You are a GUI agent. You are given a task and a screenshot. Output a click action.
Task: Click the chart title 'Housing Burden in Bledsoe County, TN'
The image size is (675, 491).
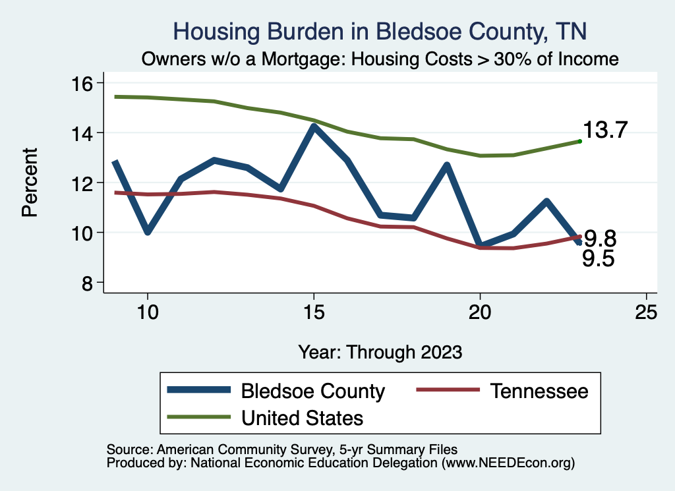click(379, 31)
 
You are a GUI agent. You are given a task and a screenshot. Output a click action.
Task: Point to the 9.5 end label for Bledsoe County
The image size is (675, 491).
click(598, 259)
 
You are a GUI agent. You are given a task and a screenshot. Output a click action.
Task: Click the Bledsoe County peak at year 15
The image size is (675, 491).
click(314, 127)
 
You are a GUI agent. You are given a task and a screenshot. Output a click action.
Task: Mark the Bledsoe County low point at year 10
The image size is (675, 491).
click(148, 231)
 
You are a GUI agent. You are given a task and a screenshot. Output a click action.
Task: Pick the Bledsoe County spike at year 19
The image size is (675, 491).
click(447, 165)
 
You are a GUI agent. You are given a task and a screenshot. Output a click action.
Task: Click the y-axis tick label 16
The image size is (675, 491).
click(84, 83)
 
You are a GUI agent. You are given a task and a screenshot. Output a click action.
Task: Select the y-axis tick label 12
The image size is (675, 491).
click(84, 183)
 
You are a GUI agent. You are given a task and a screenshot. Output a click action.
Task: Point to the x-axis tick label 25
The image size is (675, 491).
click(646, 312)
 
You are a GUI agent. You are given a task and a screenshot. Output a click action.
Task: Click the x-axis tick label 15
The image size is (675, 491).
click(314, 312)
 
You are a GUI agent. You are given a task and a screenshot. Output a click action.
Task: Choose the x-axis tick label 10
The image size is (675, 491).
click(148, 312)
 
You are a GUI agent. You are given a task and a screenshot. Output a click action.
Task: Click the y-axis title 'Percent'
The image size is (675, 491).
click(30, 183)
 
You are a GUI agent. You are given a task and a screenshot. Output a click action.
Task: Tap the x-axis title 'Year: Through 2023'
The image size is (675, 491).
click(380, 351)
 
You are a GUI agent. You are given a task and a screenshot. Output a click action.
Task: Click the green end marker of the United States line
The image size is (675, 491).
click(579, 141)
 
